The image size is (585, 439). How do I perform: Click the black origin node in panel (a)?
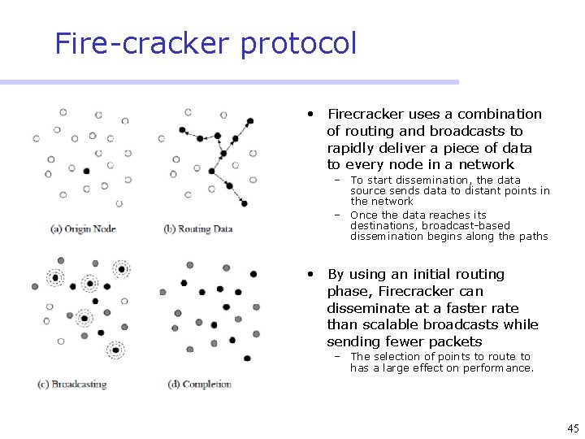[86, 170]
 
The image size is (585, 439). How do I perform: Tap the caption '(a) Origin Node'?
[83, 228]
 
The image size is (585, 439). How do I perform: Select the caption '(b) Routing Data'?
[198, 228]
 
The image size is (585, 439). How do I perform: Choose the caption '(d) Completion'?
[199, 384]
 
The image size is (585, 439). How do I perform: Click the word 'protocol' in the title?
[298, 43]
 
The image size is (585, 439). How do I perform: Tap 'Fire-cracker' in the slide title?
[143, 43]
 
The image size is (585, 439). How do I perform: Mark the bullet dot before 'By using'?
[310, 274]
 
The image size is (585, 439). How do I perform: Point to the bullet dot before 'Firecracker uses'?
[310, 114]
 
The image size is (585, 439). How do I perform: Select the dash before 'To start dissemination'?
[334, 180]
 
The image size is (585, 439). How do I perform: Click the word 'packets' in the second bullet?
[455, 341]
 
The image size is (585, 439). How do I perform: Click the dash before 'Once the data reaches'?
[334, 215]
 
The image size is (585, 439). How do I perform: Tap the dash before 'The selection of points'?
[334, 357]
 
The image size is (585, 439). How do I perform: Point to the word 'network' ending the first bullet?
[486, 165]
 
